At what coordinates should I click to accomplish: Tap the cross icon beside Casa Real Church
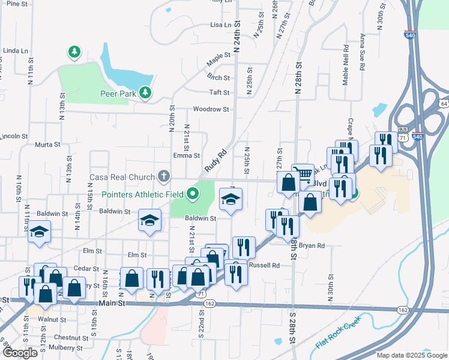pos(163,176)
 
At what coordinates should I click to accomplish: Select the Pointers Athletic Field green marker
pos(193,194)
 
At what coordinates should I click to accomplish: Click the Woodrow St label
pos(211,109)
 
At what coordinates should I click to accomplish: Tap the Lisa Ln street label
pos(220,25)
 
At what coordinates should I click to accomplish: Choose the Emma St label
pos(187,155)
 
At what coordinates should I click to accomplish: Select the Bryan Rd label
pos(312,245)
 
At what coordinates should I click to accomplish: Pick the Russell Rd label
pos(264,265)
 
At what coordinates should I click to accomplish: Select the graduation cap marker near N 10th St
pos(40,232)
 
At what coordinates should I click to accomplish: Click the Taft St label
pos(220,92)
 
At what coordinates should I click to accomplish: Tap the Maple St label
pos(218,55)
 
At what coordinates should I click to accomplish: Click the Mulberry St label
pos(67,348)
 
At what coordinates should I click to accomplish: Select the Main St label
pos(113,304)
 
